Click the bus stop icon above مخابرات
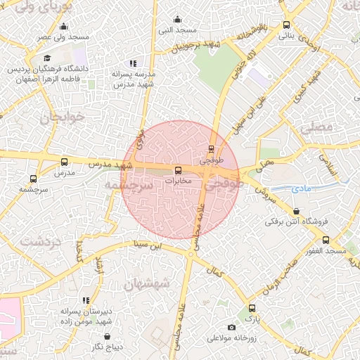pyautogui.click(x=177, y=170)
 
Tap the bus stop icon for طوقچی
pyautogui.click(x=212, y=148)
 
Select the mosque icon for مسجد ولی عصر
pyautogui.click(x=64, y=27)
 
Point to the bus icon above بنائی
pyautogui.click(x=285, y=23)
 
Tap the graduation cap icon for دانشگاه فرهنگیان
pyautogui.click(x=47, y=58)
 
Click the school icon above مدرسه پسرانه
pyautogui.click(x=133, y=63)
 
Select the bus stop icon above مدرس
pyautogui.click(x=65, y=162)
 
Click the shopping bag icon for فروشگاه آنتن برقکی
pyautogui.click(x=296, y=211)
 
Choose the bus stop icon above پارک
pyautogui.click(x=252, y=308)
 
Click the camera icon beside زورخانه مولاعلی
pyautogui.click(x=231, y=327)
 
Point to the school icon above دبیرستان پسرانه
pyautogui.click(x=86, y=300)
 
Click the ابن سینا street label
pyautogui.click(x=148, y=245)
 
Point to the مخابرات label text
pyautogui.click(x=177, y=181)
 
